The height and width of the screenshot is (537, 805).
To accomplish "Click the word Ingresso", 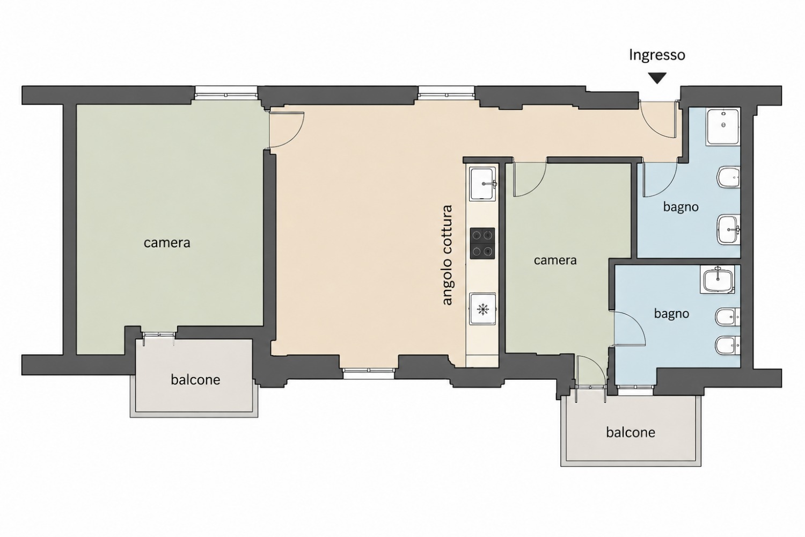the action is point(657,55).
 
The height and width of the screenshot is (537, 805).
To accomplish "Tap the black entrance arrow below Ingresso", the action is point(657,78).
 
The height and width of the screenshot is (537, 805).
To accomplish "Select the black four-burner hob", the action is point(482,243).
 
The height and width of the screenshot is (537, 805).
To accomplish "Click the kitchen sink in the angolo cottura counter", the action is point(482,184).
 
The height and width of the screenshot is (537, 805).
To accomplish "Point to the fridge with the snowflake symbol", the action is point(482,309).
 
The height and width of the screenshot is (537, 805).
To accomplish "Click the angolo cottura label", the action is point(448,256).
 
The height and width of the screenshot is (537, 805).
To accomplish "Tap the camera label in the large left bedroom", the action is point(167,243).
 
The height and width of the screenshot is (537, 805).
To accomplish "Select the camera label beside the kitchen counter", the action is point(555,260).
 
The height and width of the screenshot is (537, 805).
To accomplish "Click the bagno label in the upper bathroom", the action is point(680,207).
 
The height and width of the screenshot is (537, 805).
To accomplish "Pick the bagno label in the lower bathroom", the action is point(671,314).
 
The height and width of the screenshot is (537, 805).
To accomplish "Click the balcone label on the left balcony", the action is point(195,380).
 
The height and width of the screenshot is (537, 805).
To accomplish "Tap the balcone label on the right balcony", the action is point(631,432).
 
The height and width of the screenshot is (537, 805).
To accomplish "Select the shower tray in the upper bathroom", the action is point(723,127).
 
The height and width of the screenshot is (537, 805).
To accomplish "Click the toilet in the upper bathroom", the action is point(728,177).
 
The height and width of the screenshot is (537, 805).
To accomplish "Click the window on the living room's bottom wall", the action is point(369,374).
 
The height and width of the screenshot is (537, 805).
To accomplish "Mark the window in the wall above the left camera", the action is point(226,92).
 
